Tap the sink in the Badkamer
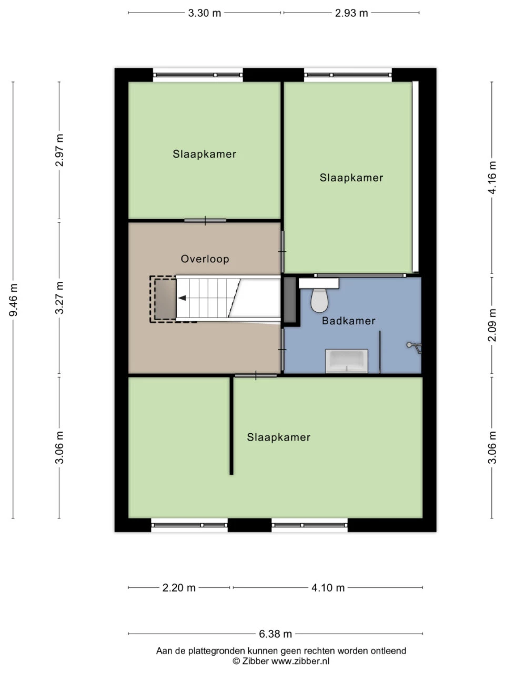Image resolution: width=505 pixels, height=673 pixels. tap(347, 361)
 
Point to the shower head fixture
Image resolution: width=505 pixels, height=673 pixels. tap(414, 347)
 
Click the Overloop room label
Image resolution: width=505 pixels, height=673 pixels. tap(205, 259)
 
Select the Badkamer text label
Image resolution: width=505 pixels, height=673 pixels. tap(349, 321)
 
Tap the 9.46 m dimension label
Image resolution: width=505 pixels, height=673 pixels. tap(14, 300)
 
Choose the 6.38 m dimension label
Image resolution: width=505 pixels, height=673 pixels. tap(275, 634)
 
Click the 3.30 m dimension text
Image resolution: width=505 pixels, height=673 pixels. tap(205, 13)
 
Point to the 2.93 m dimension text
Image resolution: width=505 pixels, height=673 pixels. tap(351, 13)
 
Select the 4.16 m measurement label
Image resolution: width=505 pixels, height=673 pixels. tap(492, 178)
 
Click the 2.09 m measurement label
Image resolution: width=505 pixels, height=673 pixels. tap(492, 325)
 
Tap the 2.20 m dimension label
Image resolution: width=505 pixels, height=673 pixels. tap(179, 588)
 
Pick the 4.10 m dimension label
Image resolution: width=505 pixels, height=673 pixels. tap(328, 588)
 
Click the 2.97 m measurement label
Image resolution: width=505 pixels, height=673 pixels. tap(59, 150)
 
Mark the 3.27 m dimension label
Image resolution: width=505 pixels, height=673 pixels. tap(59, 298)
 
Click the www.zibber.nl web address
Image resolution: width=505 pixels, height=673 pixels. tap(300, 661)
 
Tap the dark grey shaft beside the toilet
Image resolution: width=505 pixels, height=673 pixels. tap(289, 300)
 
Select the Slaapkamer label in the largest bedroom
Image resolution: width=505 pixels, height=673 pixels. tap(279, 437)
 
